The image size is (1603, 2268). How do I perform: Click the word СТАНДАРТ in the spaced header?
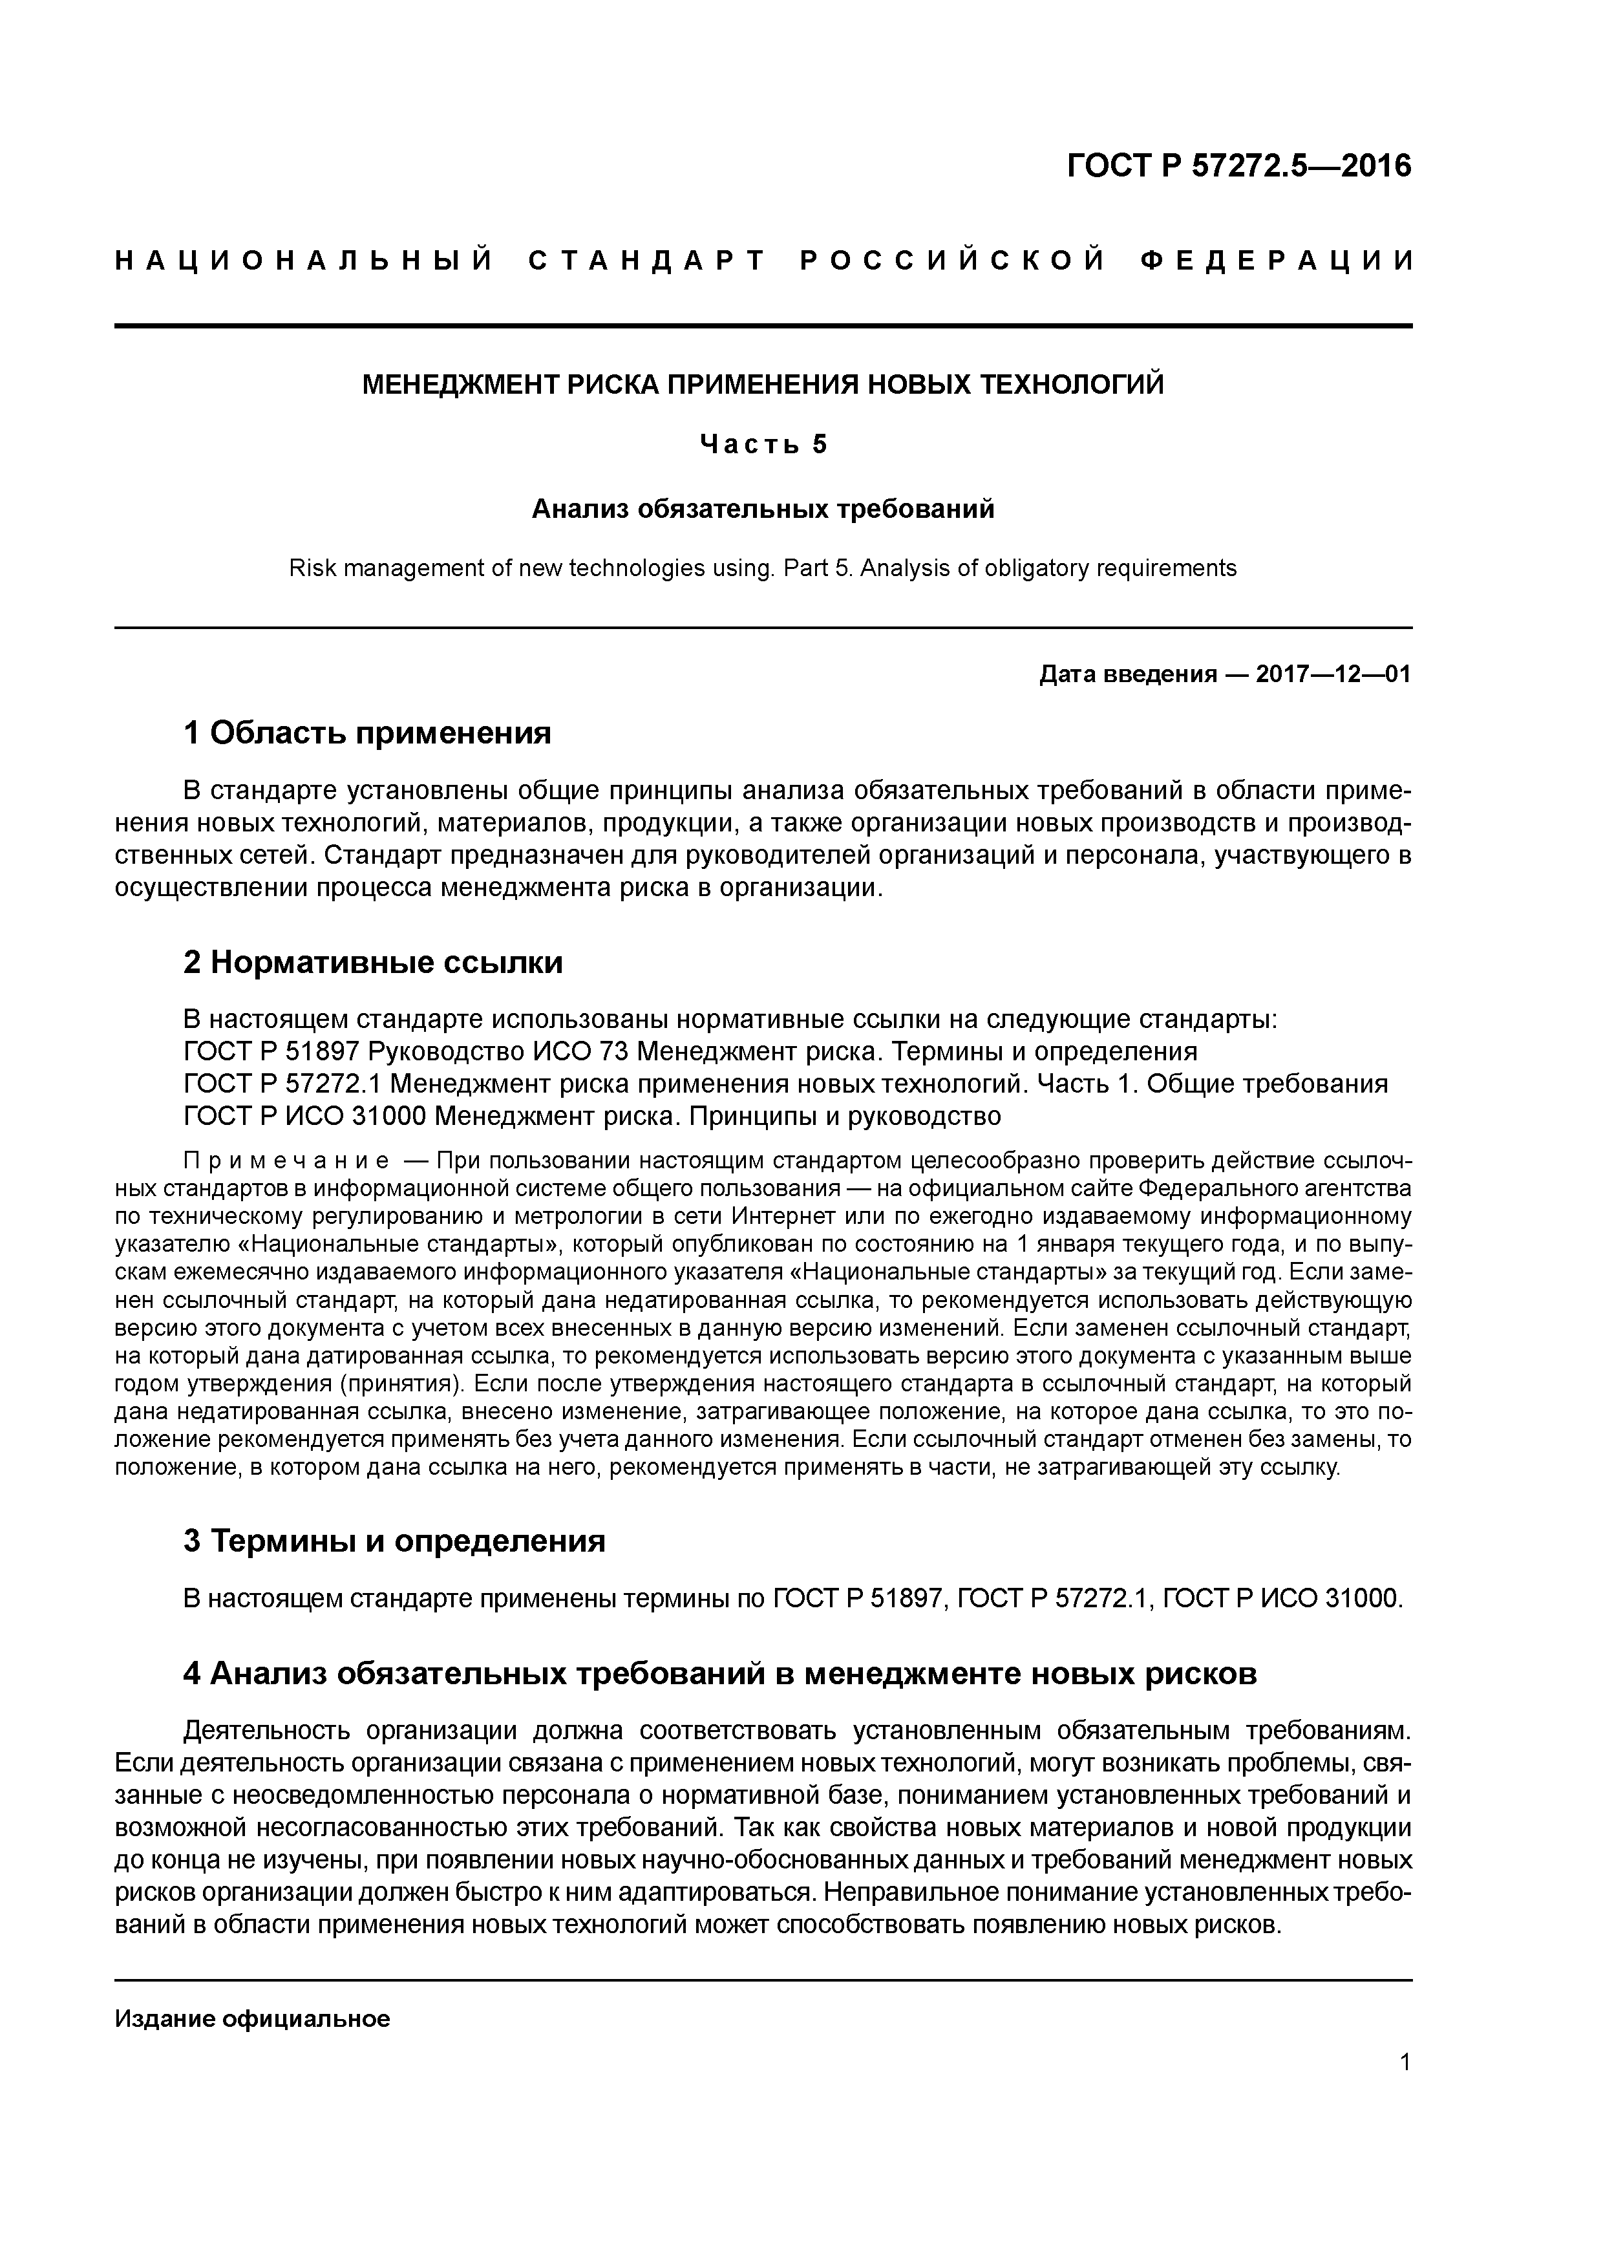[x=647, y=262]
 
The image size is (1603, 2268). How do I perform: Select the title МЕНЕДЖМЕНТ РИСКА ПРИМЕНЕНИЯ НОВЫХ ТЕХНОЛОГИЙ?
[x=763, y=384]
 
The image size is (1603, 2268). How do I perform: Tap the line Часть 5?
[x=763, y=445]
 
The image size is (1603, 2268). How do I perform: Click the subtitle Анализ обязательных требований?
[x=763, y=509]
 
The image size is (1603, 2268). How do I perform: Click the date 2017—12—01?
[x=1333, y=675]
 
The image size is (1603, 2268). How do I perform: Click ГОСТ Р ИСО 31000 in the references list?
[x=304, y=1116]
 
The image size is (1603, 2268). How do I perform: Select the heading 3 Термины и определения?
[x=394, y=1541]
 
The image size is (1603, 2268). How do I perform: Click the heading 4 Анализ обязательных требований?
[x=720, y=1673]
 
